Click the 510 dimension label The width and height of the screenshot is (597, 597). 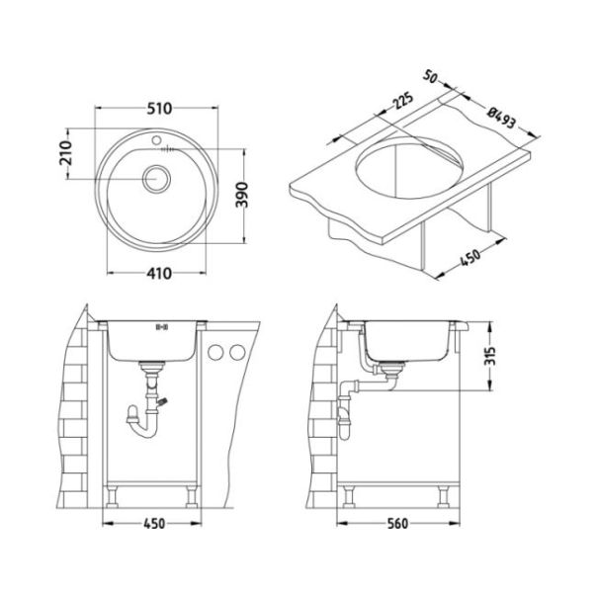pyautogui.click(x=159, y=109)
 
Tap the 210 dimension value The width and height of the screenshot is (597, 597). pyautogui.click(x=65, y=153)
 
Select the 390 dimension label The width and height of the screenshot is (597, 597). pyautogui.click(x=241, y=195)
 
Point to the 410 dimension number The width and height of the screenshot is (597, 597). pyautogui.click(x=159, y=274)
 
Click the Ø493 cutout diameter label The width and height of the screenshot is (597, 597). pyautogui.click(x=502, y=118)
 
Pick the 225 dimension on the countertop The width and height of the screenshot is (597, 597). pyautogui.click(x=402, y=100)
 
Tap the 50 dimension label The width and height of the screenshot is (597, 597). pyautogui.click(x=430, y=77)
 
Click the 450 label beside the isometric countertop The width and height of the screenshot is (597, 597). pyautogui.click(x=470, y=258)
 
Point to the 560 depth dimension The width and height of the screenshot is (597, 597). pyautogui.click(x=397, y=524)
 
